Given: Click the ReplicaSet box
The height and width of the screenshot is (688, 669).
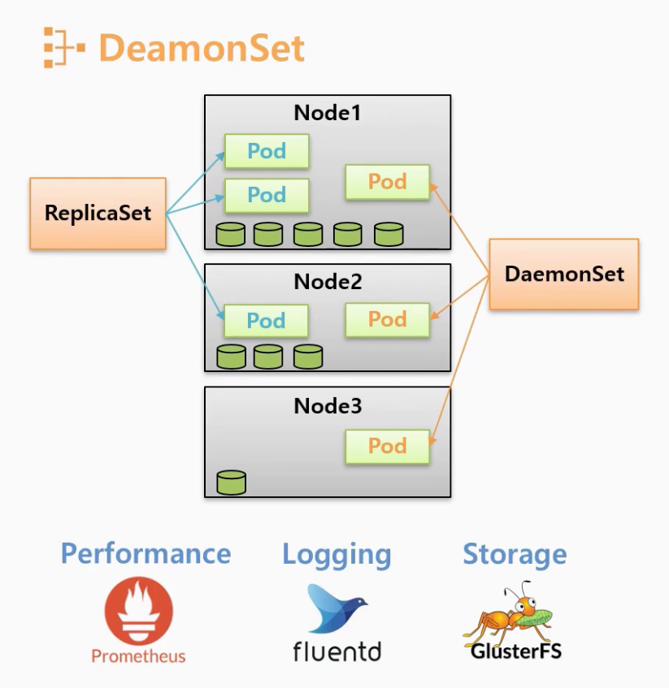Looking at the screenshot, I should [98, 214].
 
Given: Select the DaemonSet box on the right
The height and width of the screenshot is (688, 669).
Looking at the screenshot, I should [564, 274].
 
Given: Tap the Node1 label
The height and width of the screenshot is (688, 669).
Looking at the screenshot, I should [327, 112].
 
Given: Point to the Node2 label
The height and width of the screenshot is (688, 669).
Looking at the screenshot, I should [327, 282].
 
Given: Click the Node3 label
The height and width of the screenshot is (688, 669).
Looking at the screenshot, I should [327, 405].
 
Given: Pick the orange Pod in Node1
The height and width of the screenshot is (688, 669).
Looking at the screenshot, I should [387, 182].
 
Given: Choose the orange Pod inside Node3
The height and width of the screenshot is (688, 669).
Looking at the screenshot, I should [387, 446].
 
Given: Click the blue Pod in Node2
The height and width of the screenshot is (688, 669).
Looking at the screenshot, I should [266, 321].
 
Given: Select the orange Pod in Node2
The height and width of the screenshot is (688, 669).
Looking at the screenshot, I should [387, 319].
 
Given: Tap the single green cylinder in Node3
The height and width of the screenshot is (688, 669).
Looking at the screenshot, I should [231, 482].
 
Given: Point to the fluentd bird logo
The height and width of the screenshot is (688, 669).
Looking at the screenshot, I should [336, 609].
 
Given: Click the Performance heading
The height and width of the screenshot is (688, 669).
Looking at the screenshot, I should [146, 554].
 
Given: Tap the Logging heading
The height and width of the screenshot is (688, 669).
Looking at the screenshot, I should [337, 556].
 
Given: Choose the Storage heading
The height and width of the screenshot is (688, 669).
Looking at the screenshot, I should [515, 554].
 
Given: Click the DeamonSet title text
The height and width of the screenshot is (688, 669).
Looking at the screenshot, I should [202, 48].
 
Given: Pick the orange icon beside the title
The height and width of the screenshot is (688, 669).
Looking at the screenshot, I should [63, 47].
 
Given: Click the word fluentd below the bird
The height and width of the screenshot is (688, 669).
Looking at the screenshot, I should [337, 650].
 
